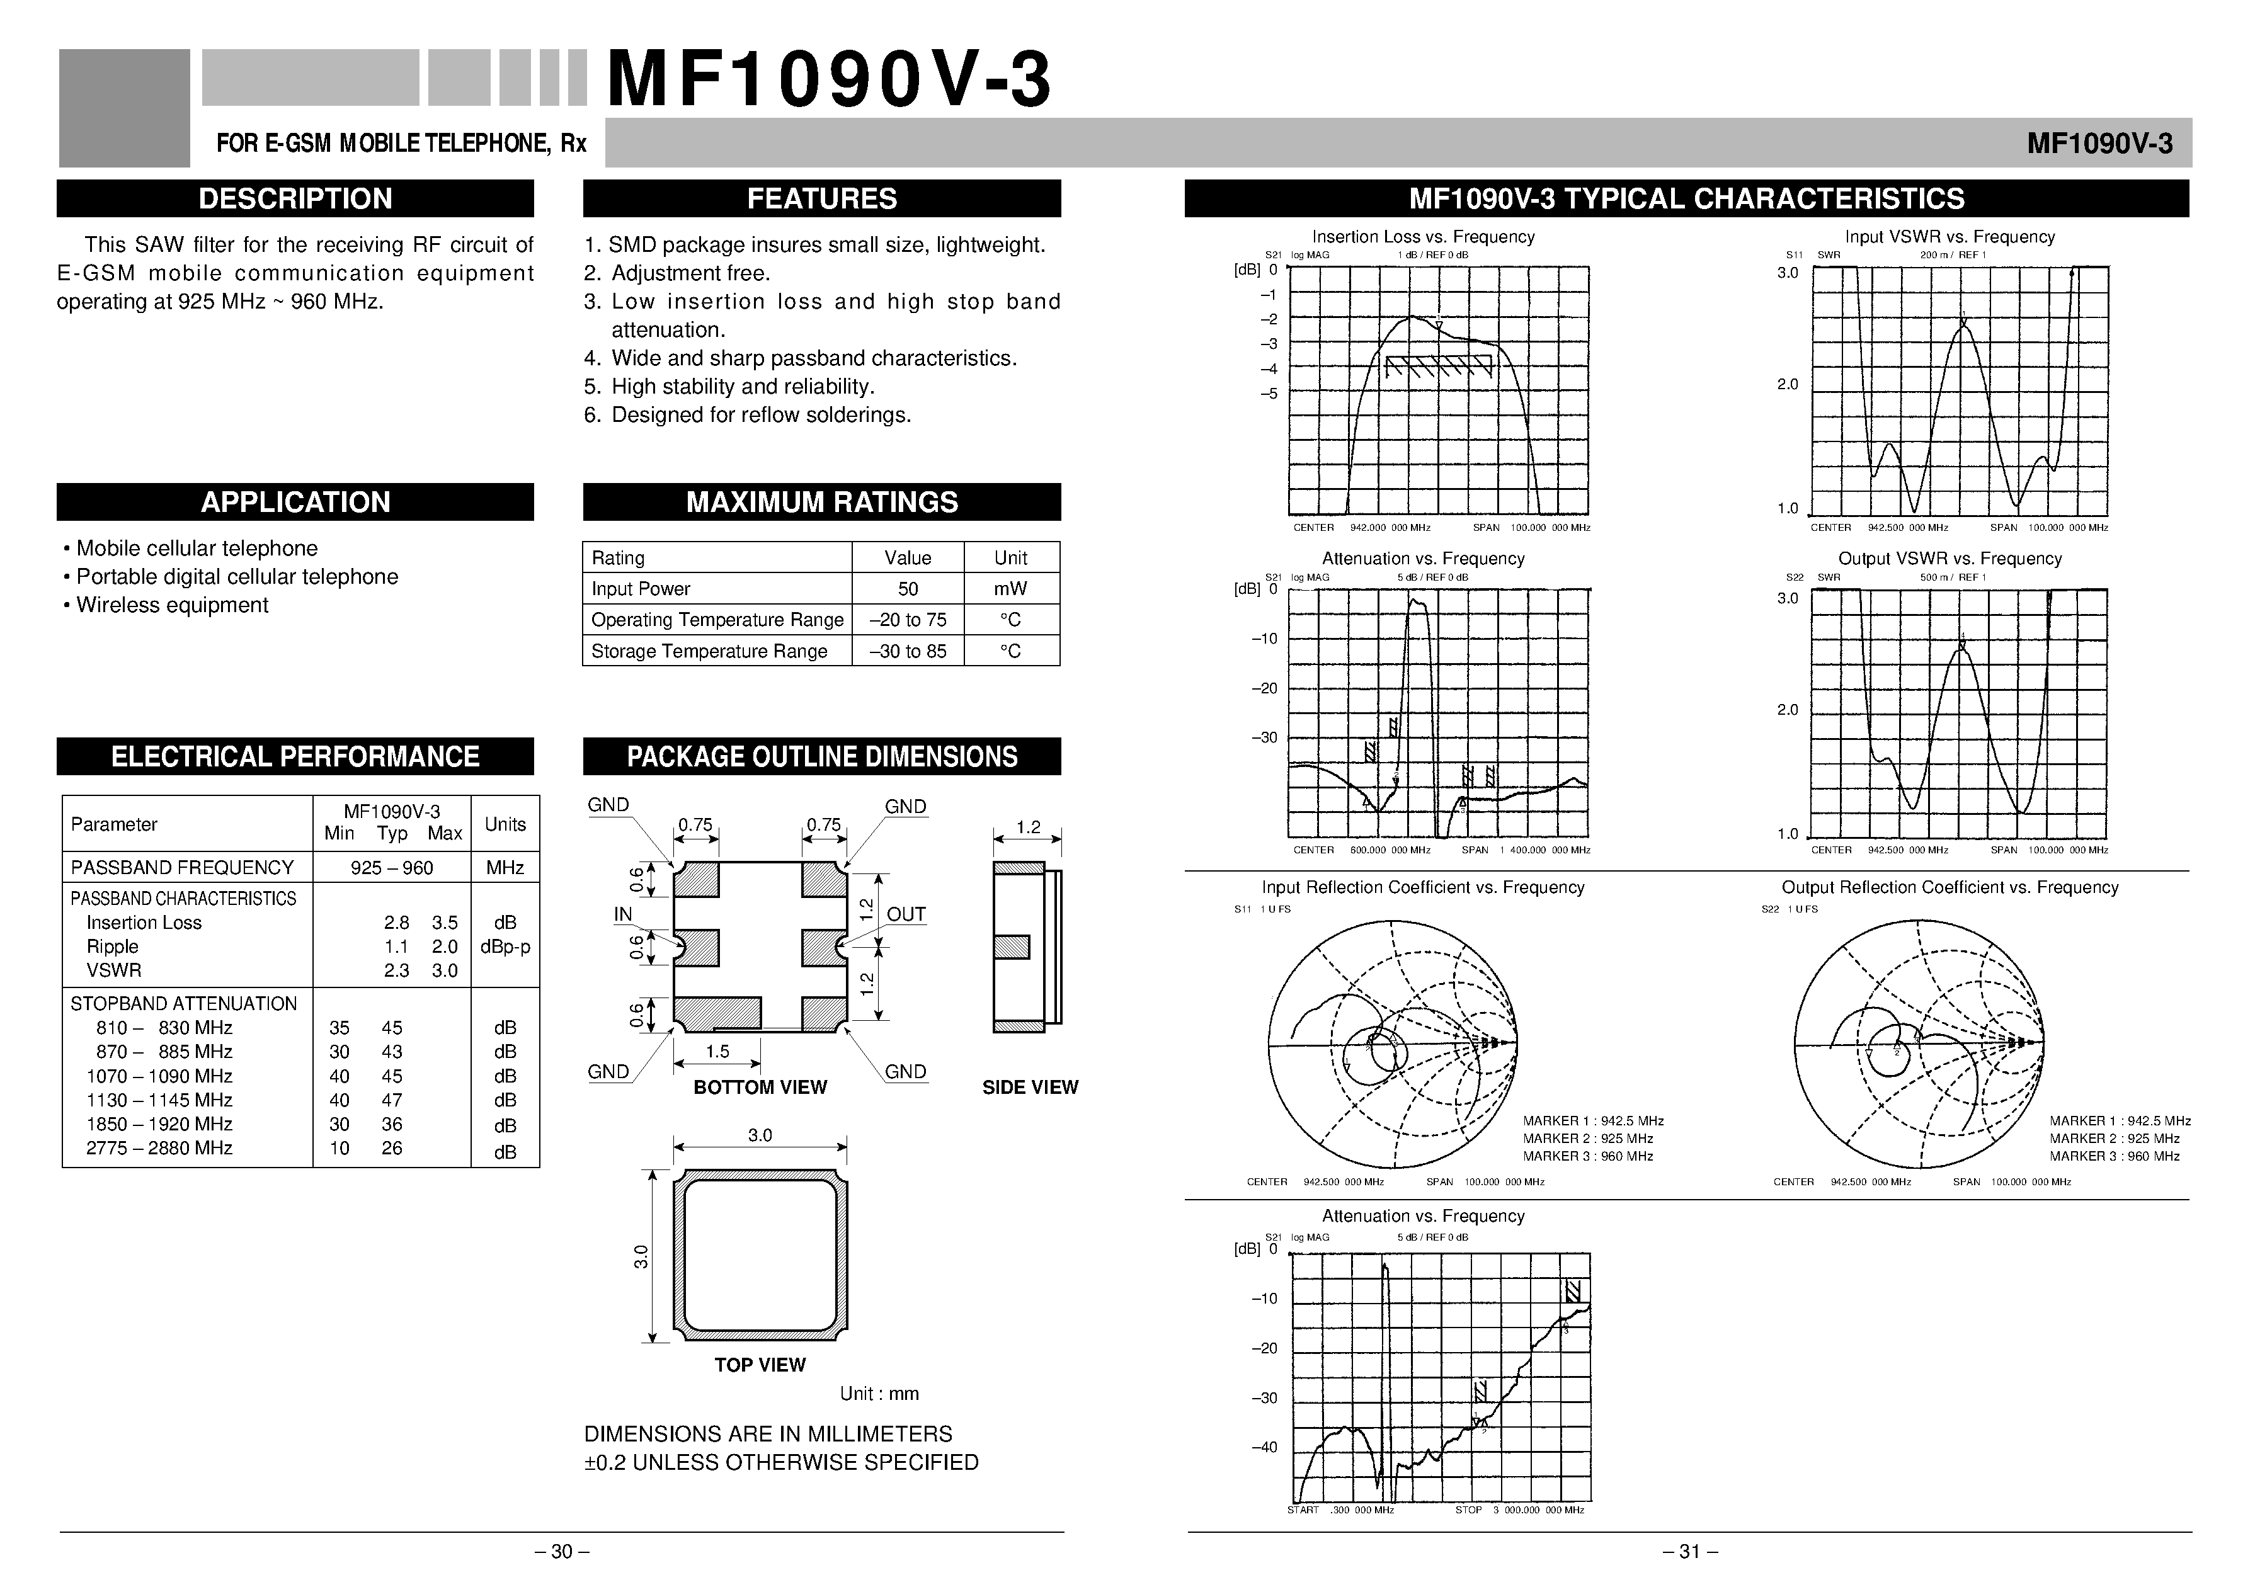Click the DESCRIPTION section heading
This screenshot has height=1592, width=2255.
point(295,198)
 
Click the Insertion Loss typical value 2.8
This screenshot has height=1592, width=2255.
point(396,922)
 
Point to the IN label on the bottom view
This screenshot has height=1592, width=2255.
point(623,914)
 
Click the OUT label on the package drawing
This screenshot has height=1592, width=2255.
point(906,914)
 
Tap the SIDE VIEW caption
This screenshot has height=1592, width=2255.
point(1029,1087)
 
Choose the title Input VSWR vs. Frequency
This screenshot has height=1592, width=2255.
point(1949,237)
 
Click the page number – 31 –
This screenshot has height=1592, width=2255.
point(1689,1552)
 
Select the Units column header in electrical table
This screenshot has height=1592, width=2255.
point(505,824)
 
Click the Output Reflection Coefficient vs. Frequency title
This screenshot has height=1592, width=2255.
point(1949,887)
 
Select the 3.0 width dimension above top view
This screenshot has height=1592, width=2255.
point(759,1135)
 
